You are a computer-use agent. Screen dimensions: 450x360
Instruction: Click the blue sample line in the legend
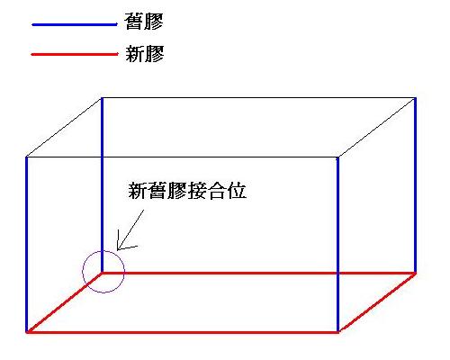pos(75,24)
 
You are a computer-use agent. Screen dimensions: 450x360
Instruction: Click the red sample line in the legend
pos(75,54)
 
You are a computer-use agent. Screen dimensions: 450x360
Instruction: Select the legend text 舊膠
pos(144,22)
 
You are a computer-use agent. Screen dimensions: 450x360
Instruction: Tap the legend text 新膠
pos(145,54)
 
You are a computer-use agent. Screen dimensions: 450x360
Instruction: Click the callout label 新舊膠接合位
pos(187,191)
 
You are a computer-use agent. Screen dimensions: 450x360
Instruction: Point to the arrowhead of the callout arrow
pos(117,250)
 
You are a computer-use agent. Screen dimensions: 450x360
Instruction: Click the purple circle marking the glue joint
pos(83,272)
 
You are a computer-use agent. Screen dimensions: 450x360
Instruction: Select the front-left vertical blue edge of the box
pos(27,245)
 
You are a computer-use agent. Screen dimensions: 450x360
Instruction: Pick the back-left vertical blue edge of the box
pos(102,185)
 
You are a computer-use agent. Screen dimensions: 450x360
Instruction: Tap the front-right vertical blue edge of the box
pos(337,245)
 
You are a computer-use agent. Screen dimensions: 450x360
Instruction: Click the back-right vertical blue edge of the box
pos(415,185)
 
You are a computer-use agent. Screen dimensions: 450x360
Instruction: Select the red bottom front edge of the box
pos(183,332)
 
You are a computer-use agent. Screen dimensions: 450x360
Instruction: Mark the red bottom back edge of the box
pos(258,273)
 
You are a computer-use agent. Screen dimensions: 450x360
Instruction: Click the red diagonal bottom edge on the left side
pos(64,302)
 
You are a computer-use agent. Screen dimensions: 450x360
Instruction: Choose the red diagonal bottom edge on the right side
pos(377,302)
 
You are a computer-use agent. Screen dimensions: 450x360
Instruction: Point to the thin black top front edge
pos(183,157)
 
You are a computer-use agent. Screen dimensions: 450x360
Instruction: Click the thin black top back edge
pos(258,97)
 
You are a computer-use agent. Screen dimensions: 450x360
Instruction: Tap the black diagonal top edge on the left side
pos(64,127)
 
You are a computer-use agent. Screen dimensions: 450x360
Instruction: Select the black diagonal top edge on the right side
pos(377,127)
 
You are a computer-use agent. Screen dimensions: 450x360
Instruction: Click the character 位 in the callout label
pos(238,191)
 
